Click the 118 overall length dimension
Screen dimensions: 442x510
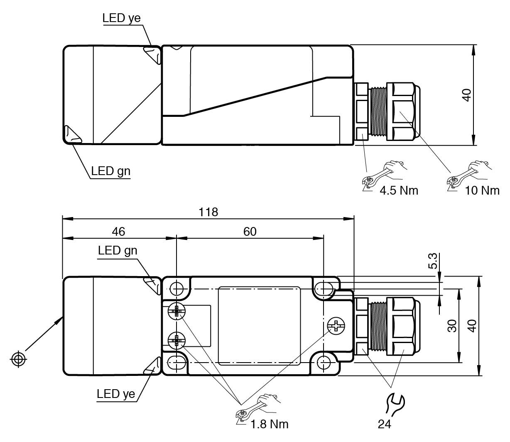tap(208, 212)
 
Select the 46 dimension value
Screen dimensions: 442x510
tap(119, 232)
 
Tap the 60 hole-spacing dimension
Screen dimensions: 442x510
tap(250, 232)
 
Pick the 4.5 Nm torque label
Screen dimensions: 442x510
tap(399, 190)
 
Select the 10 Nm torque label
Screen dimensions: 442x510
tap(482, 190)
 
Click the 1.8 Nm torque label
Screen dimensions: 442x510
tap(270, 424)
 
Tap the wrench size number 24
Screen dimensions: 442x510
tap(385, 424)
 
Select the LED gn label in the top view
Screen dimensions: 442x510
tap(110, 171)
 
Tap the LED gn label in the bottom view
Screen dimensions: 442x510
tap(118, 250)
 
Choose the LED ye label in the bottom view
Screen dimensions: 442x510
tap(116, 393)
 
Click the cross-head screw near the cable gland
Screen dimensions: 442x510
tap(336, 326)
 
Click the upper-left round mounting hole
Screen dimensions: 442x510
tap(177, 288)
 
